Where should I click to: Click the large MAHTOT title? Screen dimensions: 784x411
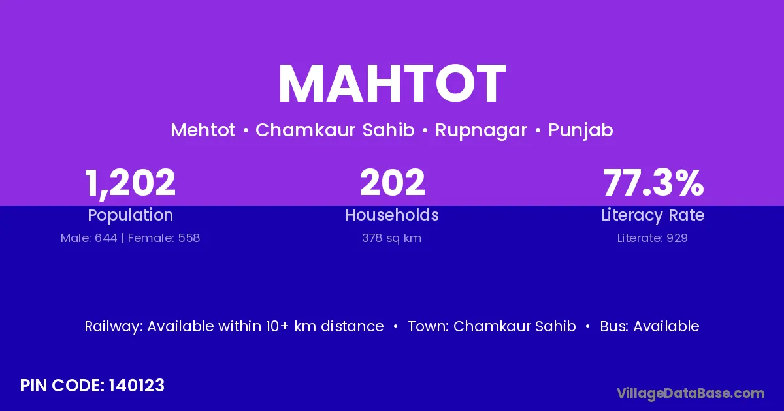392,84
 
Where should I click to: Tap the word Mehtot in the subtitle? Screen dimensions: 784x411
203,130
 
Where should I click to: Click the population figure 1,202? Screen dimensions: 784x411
130,183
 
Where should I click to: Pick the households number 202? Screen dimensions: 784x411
392,183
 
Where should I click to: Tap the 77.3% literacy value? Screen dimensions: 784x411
653,183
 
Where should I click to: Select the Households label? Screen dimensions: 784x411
392,215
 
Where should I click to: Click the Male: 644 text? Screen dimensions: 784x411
89,238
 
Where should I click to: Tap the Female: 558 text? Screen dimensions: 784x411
164,238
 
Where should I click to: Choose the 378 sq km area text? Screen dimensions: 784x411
391,238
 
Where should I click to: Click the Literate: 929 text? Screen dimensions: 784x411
653,238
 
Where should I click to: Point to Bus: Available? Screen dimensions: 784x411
649,326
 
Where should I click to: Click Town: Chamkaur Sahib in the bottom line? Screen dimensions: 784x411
492,326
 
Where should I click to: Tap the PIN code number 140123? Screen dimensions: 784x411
137,386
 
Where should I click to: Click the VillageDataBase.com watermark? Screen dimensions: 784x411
691,393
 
